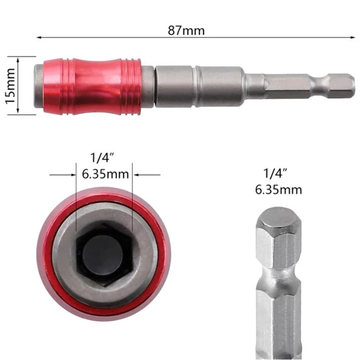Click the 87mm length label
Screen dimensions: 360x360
coord(186,31)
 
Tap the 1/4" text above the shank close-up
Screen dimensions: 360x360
coord(276,172)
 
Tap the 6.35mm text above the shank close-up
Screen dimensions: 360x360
coord(278,189)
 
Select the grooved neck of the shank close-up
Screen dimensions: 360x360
coord(278,277)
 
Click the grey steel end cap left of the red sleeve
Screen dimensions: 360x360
coord(39,85)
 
